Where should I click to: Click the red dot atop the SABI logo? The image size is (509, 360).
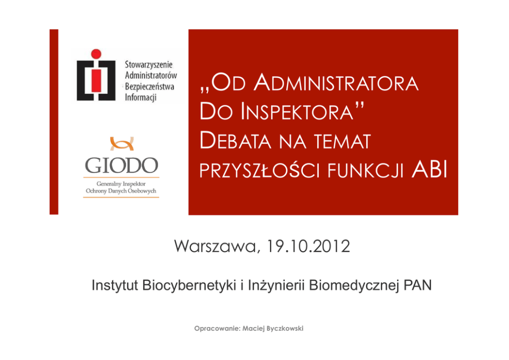tap(96, 54)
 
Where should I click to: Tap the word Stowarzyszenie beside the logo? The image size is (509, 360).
tap(149, 65)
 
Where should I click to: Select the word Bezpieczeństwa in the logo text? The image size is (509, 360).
tap(150, 86)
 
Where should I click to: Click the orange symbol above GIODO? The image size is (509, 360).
tap(122, 144)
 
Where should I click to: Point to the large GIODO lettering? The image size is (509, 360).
tap(122, 165)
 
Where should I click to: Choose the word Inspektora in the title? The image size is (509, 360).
tap(297, 111)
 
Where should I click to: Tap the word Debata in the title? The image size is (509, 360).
tap(236, 141)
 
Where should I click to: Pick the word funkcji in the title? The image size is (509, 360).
tap(365, 170)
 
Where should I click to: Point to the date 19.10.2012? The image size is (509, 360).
tap(308, 246)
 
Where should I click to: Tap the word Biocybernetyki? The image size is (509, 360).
tap(189, 285)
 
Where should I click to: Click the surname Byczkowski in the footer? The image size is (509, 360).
tap(285, 329)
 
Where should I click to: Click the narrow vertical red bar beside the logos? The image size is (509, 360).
tap(54, 122)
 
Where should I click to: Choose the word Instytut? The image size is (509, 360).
tap(115, 285)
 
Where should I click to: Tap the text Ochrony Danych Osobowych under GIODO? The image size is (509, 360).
tap(121, 191)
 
